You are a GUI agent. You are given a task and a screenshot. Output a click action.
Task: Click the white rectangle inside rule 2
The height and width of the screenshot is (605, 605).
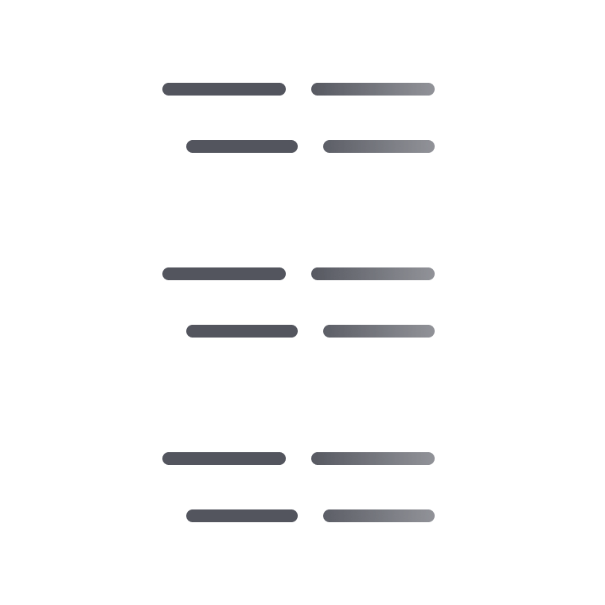click(495, 302)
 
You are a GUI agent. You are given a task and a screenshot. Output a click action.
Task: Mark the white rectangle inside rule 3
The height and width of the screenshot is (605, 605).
click(495, 487)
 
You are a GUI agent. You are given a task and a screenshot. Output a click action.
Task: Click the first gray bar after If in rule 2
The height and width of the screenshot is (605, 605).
click(224, 274)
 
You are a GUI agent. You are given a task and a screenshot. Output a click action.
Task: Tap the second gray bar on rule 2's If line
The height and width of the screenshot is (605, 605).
click(373, 274)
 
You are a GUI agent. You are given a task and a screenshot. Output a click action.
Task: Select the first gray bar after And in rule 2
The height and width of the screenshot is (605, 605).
click(242, 331)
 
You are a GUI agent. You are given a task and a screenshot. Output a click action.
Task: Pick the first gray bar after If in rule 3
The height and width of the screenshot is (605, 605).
click(224, 459)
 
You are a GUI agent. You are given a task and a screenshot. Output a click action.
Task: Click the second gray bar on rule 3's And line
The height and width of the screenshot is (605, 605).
click(379, 516)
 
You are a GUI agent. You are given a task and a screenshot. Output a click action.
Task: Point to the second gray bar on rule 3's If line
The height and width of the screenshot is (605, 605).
click(373, 459)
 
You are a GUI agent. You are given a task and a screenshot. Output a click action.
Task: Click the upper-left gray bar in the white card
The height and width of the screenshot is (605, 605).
click(224, 89)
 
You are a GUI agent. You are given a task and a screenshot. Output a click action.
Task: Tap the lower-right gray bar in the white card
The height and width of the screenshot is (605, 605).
click(379, 146)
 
